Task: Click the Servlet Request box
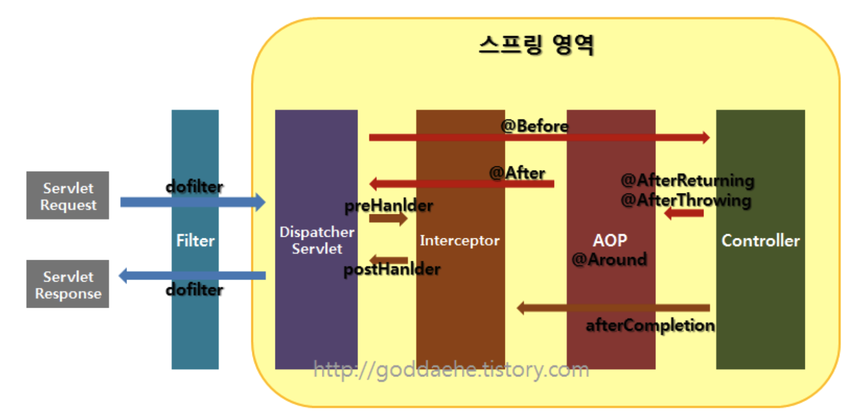point(68,196)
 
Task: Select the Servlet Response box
point(68,284)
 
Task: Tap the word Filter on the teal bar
point(195,240)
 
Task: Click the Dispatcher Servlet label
point(316,240)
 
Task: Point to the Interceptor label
point(460,240)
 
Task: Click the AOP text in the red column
point(610,240)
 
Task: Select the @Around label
point(609,260)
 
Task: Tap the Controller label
point(761,240)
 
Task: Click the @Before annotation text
point(534,126)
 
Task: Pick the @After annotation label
point(517,173)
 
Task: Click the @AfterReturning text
point(687,180)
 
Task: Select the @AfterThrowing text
point(686,200)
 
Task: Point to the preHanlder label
point(389,205)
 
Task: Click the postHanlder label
point(392,269)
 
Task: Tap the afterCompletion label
point(650,325)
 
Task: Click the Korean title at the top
point(536,45)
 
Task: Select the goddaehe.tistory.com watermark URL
point(452,369)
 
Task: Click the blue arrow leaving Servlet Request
point(192,202)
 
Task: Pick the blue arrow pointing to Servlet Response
point(192,276)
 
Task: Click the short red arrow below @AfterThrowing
point(684,213)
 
